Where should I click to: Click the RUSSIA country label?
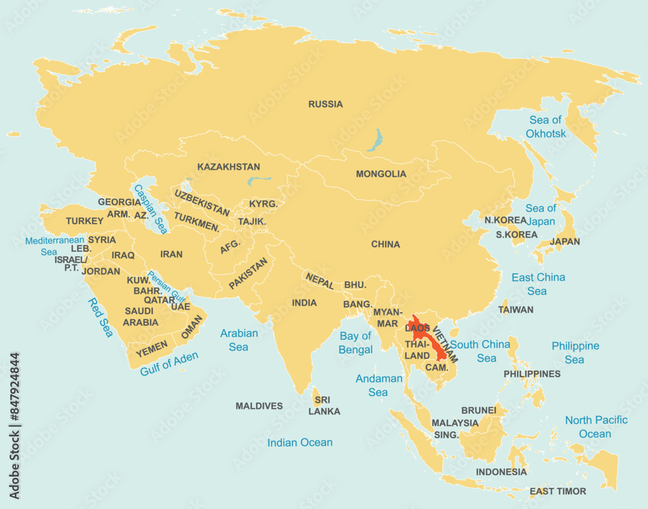325,104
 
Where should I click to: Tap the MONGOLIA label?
381,174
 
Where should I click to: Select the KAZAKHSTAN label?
229,167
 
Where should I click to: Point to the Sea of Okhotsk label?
546,127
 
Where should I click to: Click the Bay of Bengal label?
356,343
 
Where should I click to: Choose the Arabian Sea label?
238,340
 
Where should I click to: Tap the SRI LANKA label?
324,405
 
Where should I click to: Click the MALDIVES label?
259,406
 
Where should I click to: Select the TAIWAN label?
516,310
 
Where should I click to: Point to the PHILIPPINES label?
532,374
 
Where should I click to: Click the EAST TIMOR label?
557,492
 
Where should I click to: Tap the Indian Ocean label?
300,443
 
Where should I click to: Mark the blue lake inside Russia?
375,139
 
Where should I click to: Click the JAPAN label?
564,242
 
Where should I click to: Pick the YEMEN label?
152,347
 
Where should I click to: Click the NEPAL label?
320,281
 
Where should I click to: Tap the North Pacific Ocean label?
596,427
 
